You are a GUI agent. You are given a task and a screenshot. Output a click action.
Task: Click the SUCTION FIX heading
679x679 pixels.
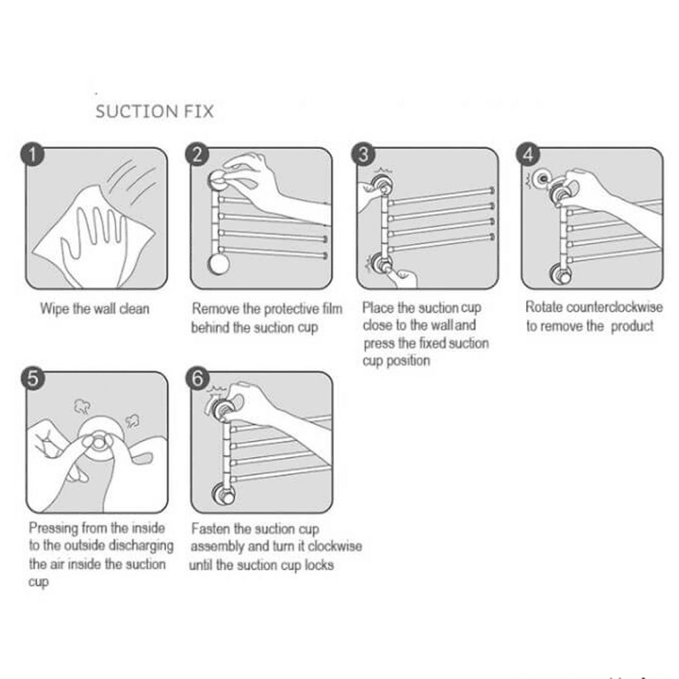(154, 111)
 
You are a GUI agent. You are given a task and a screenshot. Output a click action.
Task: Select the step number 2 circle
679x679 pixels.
(197, 155)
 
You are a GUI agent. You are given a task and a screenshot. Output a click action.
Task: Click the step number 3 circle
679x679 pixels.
(363, 155)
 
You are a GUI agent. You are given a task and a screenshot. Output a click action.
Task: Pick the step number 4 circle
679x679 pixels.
(529, 155)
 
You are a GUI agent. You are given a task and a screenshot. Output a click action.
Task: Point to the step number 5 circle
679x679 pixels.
(32, 379)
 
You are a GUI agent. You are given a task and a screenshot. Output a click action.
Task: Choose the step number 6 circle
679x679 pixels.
(197, 379)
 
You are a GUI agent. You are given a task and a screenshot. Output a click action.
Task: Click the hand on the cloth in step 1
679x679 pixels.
(95, 231)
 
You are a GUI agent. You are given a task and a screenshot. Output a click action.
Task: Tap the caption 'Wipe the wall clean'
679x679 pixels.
(94, 309)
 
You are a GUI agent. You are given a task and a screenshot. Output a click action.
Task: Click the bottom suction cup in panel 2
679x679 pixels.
(219, 263)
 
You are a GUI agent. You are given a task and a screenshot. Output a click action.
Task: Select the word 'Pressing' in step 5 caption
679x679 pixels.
(54, 528)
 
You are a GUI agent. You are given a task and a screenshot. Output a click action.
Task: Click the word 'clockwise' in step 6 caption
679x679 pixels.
(335, 547)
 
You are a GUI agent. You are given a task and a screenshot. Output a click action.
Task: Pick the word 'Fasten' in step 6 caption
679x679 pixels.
(211, 529)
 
